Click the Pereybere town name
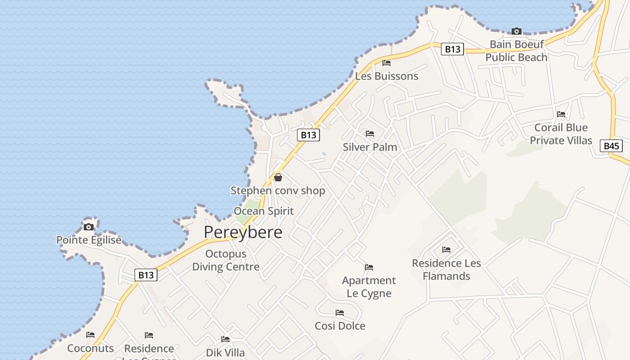coord(243,232)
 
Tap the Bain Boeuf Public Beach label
coord(516,51)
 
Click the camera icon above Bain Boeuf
coord(517,31)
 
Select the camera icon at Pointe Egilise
coord(89,226)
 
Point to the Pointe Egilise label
coord(89,240)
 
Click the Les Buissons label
coord(387,76)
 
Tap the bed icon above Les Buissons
coord(387,63)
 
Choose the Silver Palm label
coord(370,147)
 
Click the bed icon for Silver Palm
coord(370,134)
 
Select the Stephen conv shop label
coord(278,191)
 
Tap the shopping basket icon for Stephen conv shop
coord(278,177)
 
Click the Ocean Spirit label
coord(264,211)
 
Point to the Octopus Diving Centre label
coord(226,260)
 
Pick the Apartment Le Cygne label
coord(369,287)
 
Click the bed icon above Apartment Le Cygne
coord(369,267)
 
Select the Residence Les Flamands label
coord(446,270)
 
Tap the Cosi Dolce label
coord(340,326)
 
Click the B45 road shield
coord(612,146)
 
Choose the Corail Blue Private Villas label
coord(561,134)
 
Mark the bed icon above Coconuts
coord(90,335)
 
